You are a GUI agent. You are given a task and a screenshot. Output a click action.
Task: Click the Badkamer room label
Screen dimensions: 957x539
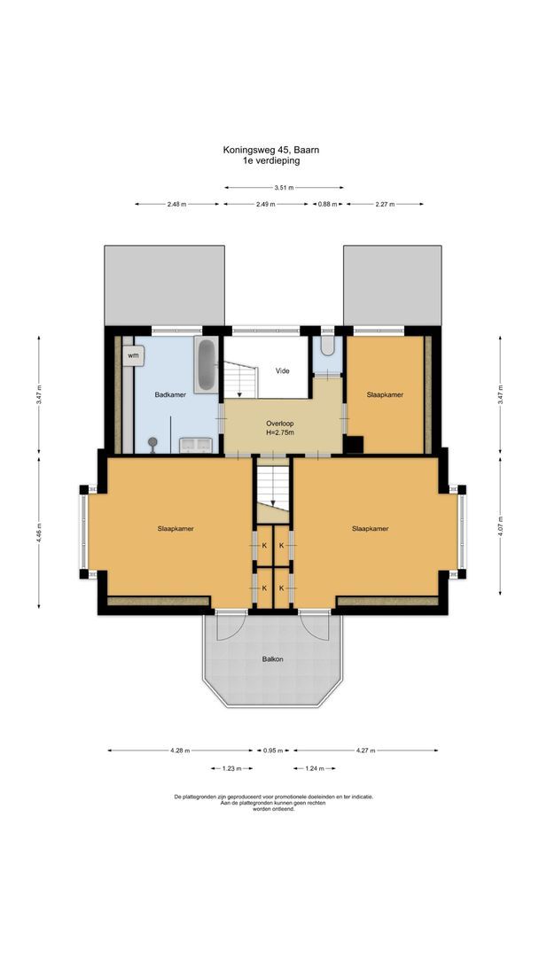pyautogui.click(x=169, y=395)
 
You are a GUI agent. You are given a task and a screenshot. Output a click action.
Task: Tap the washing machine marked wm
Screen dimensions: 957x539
pyautogui.click(x=133, y=355)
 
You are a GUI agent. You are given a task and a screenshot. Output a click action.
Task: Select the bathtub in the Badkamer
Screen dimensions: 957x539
pyautogui.click(x=206, y=364)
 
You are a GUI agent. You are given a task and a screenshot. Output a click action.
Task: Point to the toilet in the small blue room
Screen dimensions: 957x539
pyautogui.click(x=327, y=345)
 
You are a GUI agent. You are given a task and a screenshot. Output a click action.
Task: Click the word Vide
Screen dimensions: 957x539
pyautogui.click(x=283, y=370)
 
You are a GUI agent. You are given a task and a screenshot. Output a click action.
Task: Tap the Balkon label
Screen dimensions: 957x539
pyautogui.click(x=272, y=659)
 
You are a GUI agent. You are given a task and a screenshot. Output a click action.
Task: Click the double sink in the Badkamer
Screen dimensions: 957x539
pyautogui.click(x=196, y=444)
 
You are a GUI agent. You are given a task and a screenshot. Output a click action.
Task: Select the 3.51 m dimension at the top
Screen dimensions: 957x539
pyautogui.click(x=284, y=188)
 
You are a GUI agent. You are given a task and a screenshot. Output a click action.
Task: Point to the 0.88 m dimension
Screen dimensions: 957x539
pyautogui.click(x=327, y=205)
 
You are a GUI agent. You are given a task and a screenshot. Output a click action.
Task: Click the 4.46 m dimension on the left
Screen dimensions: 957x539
pyautogui.click(x=38, y=534)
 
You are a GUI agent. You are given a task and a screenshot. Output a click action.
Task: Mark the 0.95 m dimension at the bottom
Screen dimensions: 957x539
pyautogui.click(x=271, y=751)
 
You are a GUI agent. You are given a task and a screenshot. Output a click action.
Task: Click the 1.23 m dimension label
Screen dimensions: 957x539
pyautogui.click(x=231, y=768)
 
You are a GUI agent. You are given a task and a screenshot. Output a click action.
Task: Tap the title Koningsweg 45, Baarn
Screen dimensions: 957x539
pyautogui.click(x=271, y=151)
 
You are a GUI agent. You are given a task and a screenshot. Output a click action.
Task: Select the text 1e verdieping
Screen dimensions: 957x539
pyautogui.click(x=271, y=161)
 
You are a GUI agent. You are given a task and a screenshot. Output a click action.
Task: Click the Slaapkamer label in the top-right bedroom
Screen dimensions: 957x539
pyautogui.click(x=385, y=395)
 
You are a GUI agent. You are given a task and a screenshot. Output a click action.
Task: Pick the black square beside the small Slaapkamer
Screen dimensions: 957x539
pyautogui.click(x=354, y=446)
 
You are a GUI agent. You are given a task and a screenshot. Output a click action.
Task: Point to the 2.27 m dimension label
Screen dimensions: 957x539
pyautogui.click(x=384, y=205)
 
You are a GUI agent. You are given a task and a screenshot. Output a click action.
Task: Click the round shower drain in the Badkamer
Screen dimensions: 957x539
pyautogui.click(x=152, y=442)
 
